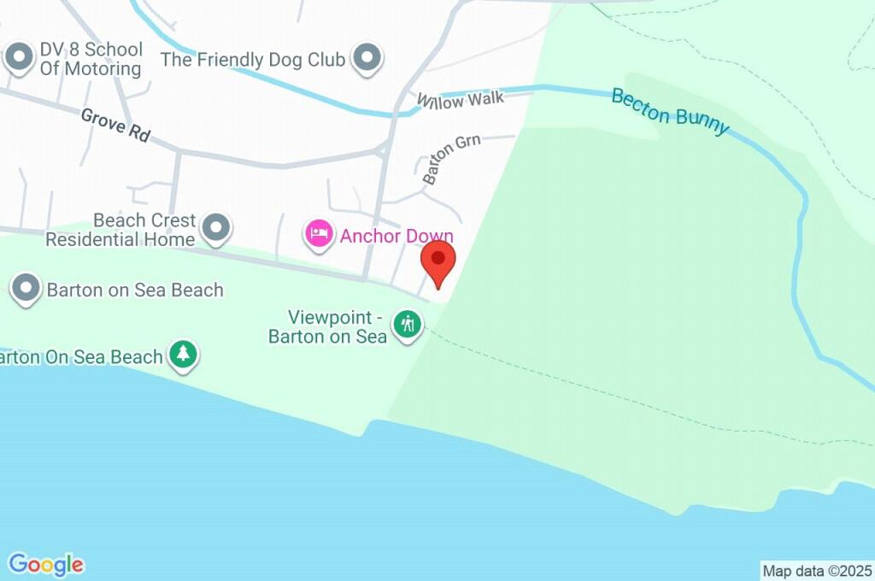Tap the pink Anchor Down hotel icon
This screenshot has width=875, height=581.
(319, 233)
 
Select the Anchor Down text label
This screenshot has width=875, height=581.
(396, 236)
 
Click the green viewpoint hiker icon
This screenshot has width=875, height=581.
(408, 324)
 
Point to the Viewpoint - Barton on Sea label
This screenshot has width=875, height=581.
(328, 326)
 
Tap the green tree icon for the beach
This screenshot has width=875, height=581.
(182, 354)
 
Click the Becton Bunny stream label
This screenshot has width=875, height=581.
(671, 111)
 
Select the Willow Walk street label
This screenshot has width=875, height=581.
(460, 100)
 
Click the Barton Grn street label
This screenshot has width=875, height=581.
(451, 157)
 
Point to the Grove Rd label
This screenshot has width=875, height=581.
(115, 125)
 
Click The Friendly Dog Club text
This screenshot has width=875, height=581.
(253, 60)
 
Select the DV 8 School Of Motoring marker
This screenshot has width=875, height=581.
(18, 58)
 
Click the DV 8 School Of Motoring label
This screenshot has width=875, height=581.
(91, 59)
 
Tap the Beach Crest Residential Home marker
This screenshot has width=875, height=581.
(216, 228)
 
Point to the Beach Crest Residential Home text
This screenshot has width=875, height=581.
(120, 230)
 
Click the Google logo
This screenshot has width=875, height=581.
(46, 565)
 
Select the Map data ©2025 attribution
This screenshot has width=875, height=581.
(817, 571)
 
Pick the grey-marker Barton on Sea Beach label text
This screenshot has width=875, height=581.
(135, 290)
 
